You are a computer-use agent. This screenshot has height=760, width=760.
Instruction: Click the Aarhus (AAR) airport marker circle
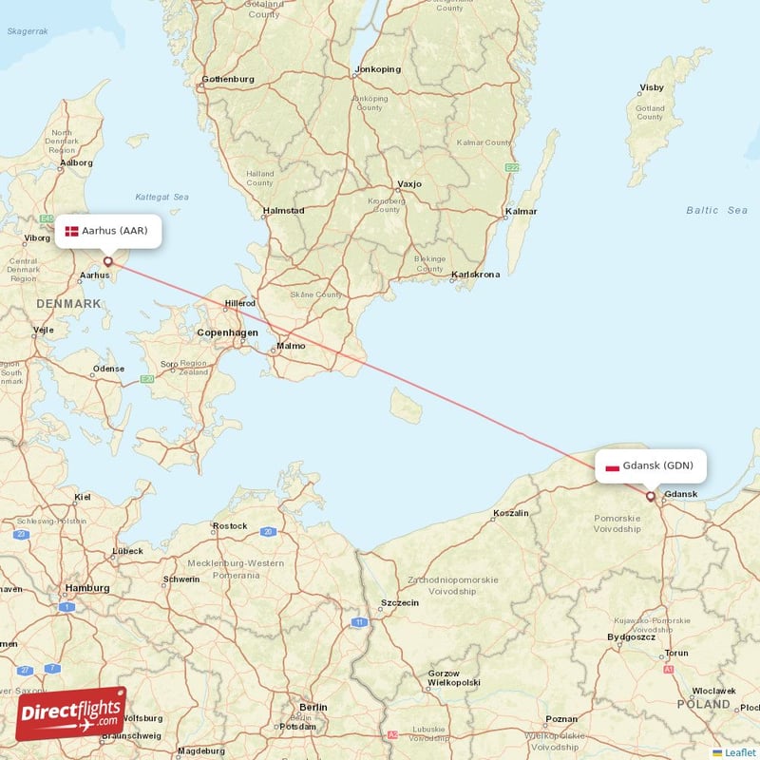tap(108, 260)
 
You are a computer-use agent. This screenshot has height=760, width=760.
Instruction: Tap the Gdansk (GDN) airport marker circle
tap(651, 495)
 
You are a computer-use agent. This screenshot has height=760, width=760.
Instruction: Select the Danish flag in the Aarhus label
tap(72, 231)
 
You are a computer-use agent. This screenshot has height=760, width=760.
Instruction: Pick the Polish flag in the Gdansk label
tap(612, 466)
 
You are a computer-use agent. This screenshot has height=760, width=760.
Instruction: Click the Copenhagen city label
tap(227, 332)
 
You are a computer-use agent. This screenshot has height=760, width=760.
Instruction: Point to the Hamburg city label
tap(86, 588)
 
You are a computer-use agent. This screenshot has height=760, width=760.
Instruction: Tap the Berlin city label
tap(313, 707)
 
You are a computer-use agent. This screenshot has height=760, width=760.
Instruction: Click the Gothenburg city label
tap(228, 79)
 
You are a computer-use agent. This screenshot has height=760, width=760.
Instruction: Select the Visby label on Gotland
tap(652, 87)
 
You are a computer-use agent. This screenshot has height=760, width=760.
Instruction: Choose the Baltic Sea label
tap(716, 210)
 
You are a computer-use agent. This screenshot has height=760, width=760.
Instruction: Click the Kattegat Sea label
tap(161, 197)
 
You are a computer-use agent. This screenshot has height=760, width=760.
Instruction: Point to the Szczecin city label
tap(400, 602)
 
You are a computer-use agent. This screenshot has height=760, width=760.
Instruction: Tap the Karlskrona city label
tap(476, 275)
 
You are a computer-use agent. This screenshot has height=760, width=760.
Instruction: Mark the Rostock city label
tap(231, 525)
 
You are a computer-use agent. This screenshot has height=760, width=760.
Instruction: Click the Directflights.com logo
tap(71, 713)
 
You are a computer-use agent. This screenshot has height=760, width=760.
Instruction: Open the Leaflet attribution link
tap(737, 751)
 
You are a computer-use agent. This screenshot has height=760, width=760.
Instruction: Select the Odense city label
tap(108, 369)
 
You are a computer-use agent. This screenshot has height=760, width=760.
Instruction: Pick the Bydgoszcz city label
tap(632, 636)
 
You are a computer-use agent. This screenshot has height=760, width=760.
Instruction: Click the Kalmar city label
tap(521, 211)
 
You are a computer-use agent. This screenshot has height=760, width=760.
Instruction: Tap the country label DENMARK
tap(68, 303)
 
